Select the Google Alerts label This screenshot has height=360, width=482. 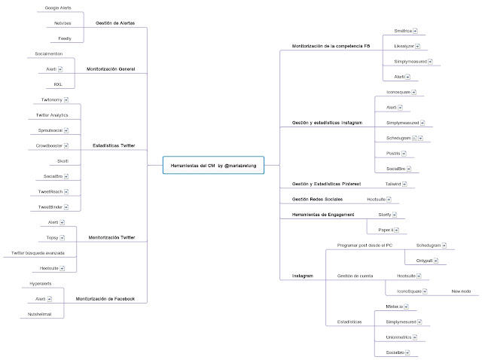pos(70,8)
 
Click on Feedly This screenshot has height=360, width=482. pos(65,38)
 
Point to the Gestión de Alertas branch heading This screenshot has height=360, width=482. pos(115,23)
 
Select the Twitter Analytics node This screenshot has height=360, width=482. pos(52,114)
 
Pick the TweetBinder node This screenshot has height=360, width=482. pos(51,206)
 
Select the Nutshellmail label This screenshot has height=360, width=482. pos(44,314)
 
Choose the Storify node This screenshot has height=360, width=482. pos(389,215)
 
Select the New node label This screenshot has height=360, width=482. pos(460,291)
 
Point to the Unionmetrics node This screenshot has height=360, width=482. pos(400,337)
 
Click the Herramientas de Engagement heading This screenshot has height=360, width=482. pos(323,215)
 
